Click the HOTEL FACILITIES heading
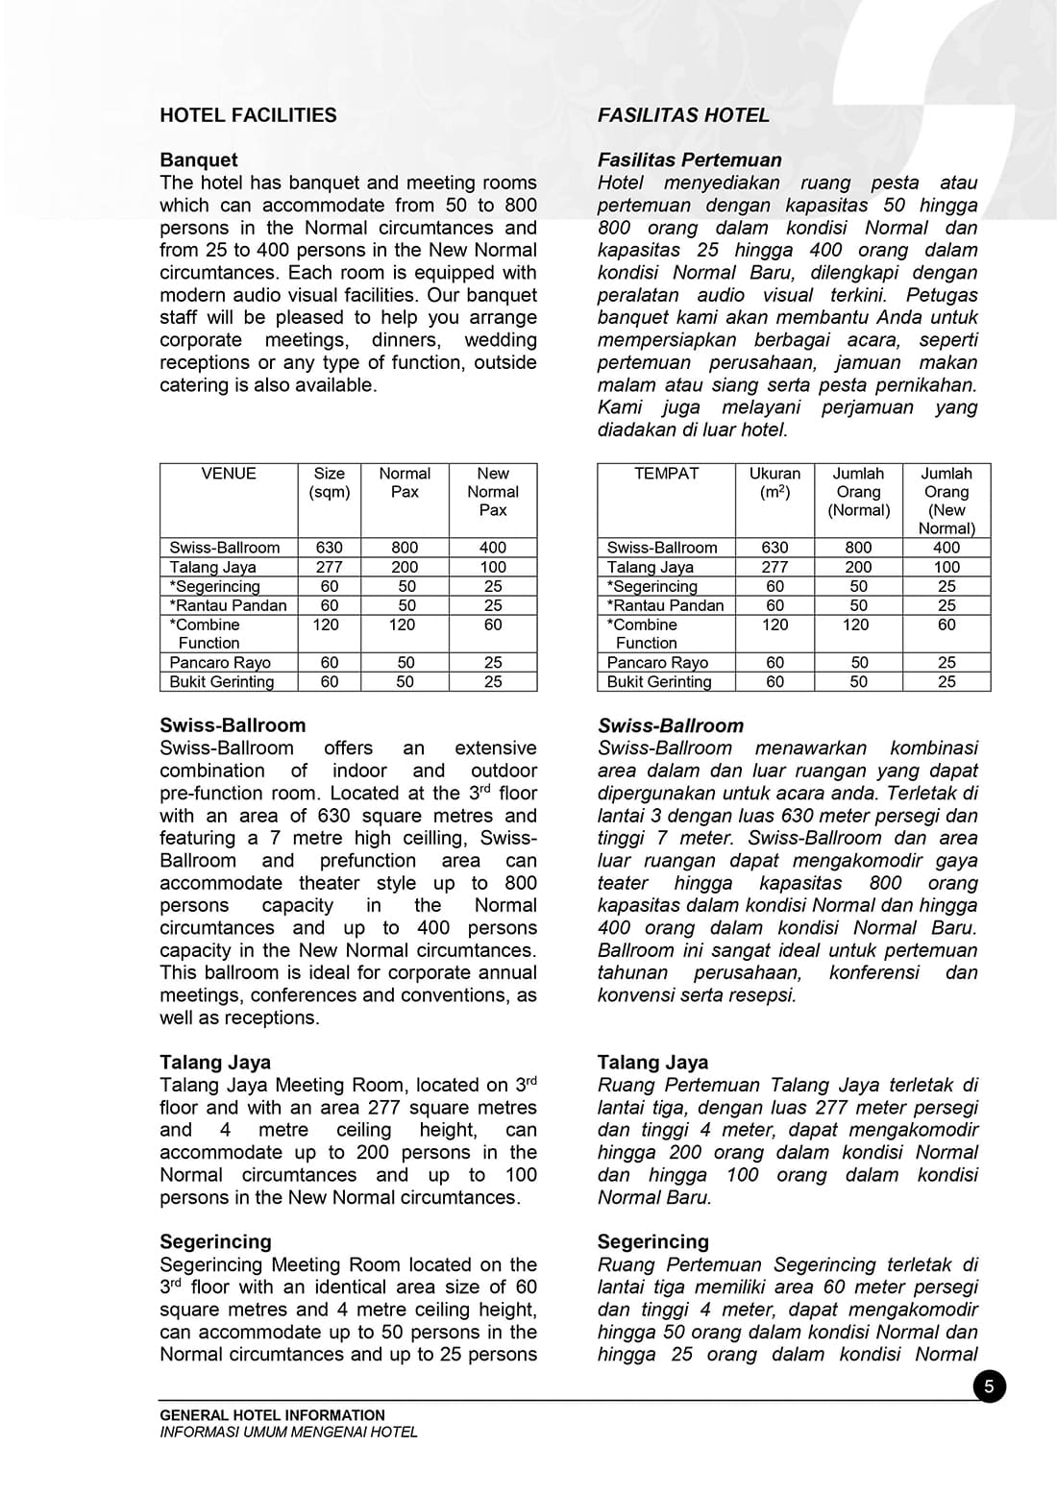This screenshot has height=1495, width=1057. tap(248, 115)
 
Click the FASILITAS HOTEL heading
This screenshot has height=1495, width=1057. tap(683, 115)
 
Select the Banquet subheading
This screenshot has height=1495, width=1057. tap(198, 159)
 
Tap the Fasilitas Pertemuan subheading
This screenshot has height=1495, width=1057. tap(689, 159)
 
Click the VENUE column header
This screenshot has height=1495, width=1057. tap(229, 474)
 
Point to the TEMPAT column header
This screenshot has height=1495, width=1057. tap(666, 474)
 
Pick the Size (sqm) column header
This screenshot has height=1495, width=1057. tap(329, 482)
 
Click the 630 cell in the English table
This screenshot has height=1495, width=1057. tap(329, 548)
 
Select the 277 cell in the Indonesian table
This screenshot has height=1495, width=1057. tap(774, 567)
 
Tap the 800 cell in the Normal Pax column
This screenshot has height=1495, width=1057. tap(405, 548)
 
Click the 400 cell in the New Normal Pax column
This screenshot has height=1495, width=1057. tap(493, 548)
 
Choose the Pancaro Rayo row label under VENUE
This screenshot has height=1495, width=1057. tap(220, 663)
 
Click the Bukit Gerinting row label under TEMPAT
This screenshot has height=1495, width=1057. tap(659, 682)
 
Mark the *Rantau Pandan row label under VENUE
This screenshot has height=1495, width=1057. tap(228, 605)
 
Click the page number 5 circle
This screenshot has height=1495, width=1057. tap(989, 1386)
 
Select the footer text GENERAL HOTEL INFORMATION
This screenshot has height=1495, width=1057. tap(272, 1415)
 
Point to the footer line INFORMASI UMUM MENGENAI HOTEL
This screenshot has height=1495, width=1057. tap(288, 1432)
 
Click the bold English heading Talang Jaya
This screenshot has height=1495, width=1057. tap(215, 1062)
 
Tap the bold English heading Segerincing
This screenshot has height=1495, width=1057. tap(215, 1241)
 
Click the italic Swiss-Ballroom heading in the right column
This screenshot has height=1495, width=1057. tap(670, 725)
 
